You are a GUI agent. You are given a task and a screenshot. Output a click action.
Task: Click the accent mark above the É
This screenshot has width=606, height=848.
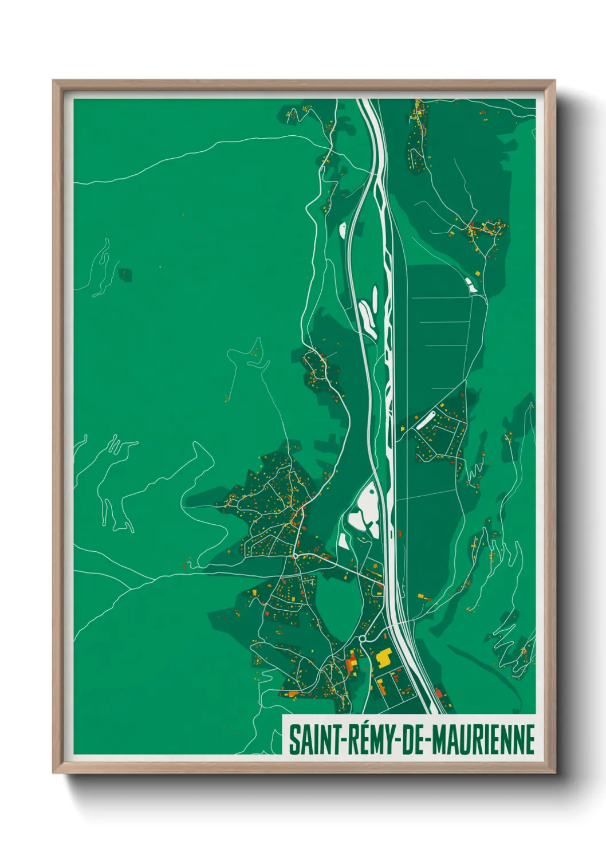(x=363, y=724)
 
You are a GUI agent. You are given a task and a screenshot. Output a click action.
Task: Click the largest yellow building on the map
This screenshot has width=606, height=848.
(x=383, y=657)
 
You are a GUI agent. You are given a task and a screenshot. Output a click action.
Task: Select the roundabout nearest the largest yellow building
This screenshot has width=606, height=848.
(x=362, y=639)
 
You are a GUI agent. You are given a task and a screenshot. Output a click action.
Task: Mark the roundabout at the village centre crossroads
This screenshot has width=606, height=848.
(x=294, y=555)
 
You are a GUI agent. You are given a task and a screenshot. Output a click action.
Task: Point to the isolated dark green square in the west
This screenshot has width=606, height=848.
(x=125, y=275)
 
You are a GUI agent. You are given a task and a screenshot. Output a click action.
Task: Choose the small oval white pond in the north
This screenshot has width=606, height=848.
(x=343, y=230)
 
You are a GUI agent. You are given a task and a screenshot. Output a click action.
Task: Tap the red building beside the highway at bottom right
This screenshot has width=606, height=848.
(x=439, y=694)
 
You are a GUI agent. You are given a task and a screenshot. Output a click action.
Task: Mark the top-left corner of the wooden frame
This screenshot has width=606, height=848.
(x=54, y=81)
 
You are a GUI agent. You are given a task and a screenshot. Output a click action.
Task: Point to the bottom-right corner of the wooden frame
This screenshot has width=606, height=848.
(x=554, y=772)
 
